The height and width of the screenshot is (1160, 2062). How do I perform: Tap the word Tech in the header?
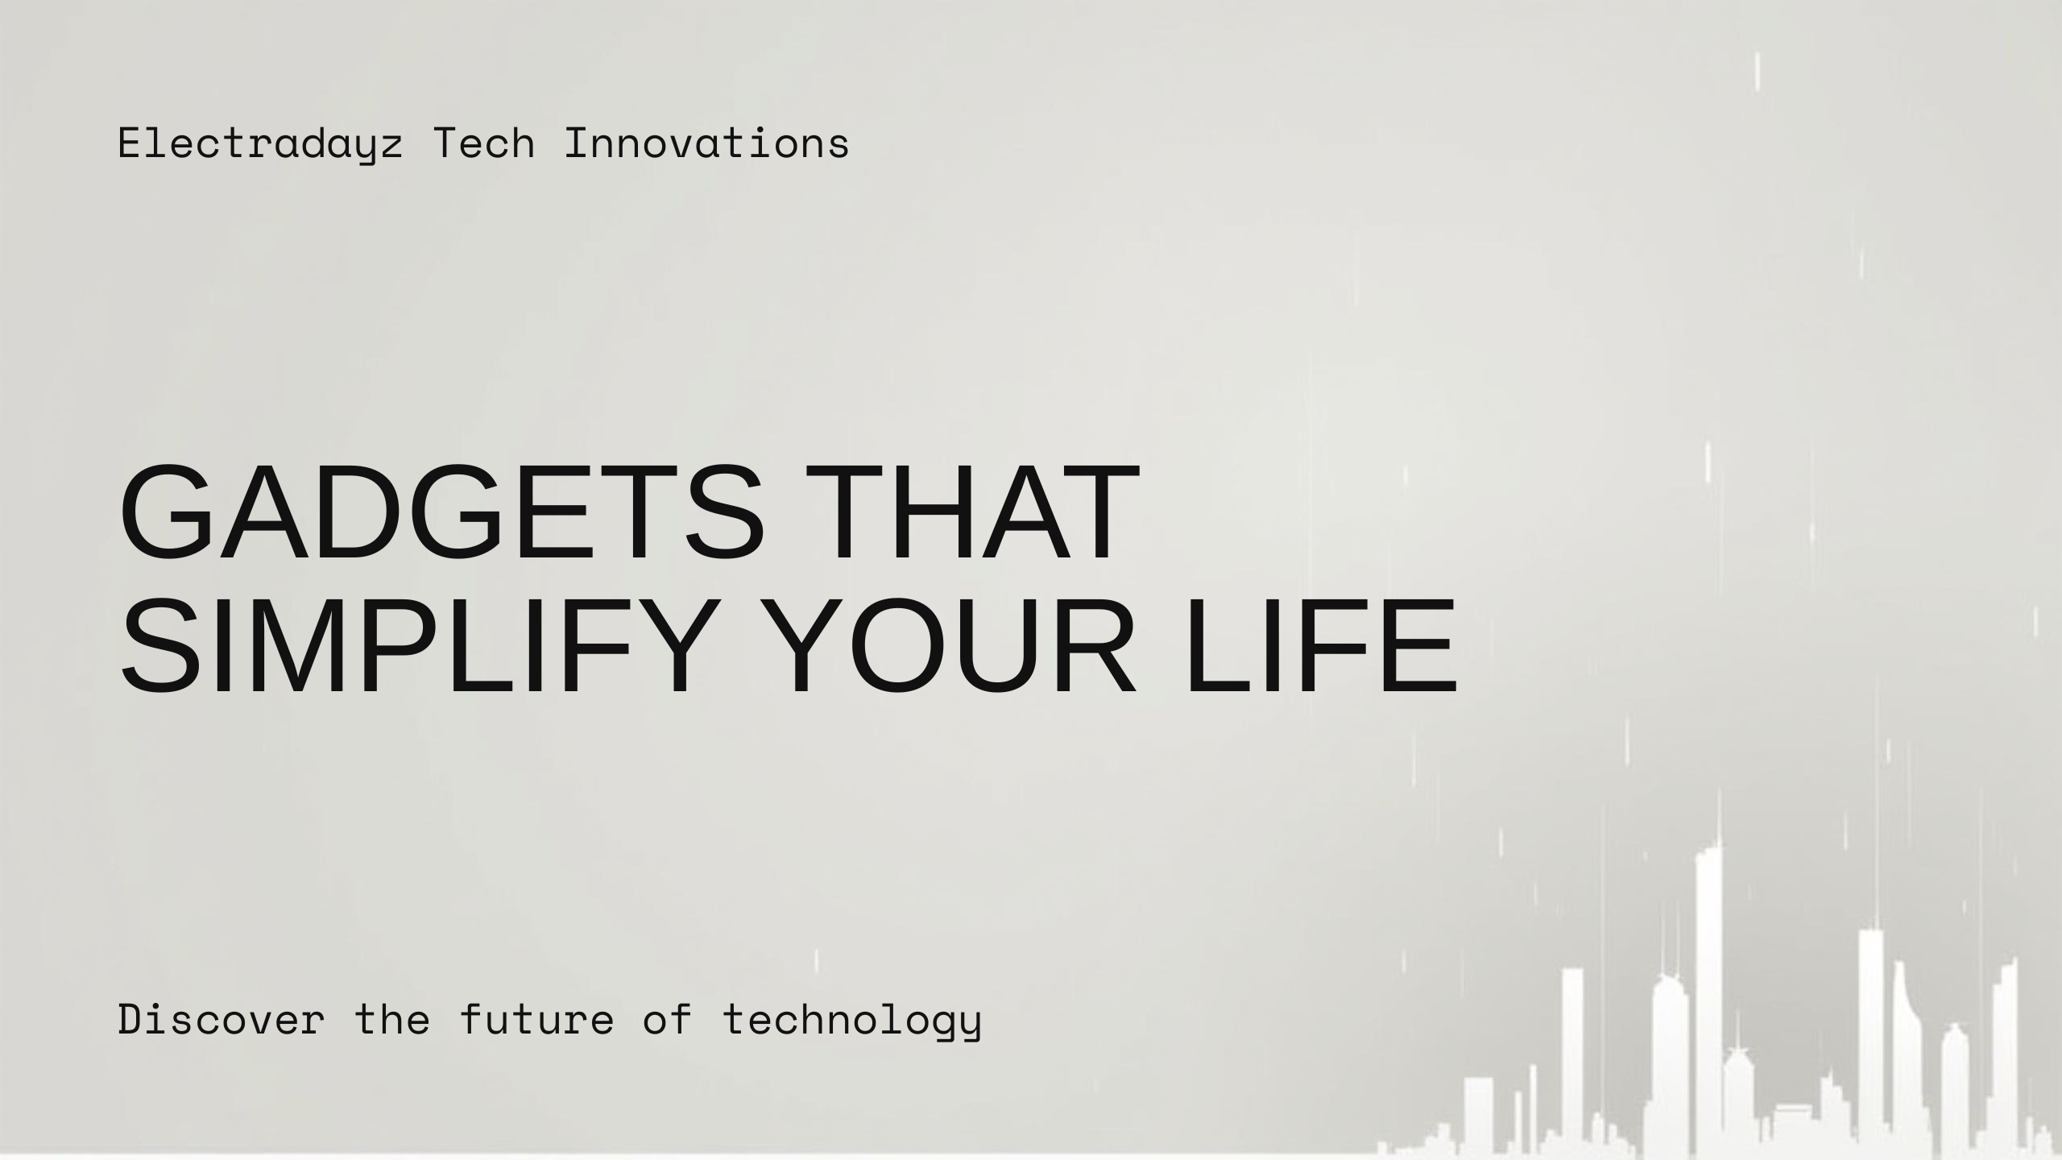coord(484,143)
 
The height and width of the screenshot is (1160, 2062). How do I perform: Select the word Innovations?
coord(706,143)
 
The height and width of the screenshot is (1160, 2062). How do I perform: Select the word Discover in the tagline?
coord(222,1019)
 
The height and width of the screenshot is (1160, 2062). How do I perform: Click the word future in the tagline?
coord(536,1019)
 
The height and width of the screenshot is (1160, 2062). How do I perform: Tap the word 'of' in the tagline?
coord(668,1019)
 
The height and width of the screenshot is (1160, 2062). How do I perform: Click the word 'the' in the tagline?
coord(392,1019)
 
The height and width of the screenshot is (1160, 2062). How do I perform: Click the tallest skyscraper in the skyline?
coord(1709,999)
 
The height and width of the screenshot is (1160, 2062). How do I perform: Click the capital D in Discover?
coord(130,1019)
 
